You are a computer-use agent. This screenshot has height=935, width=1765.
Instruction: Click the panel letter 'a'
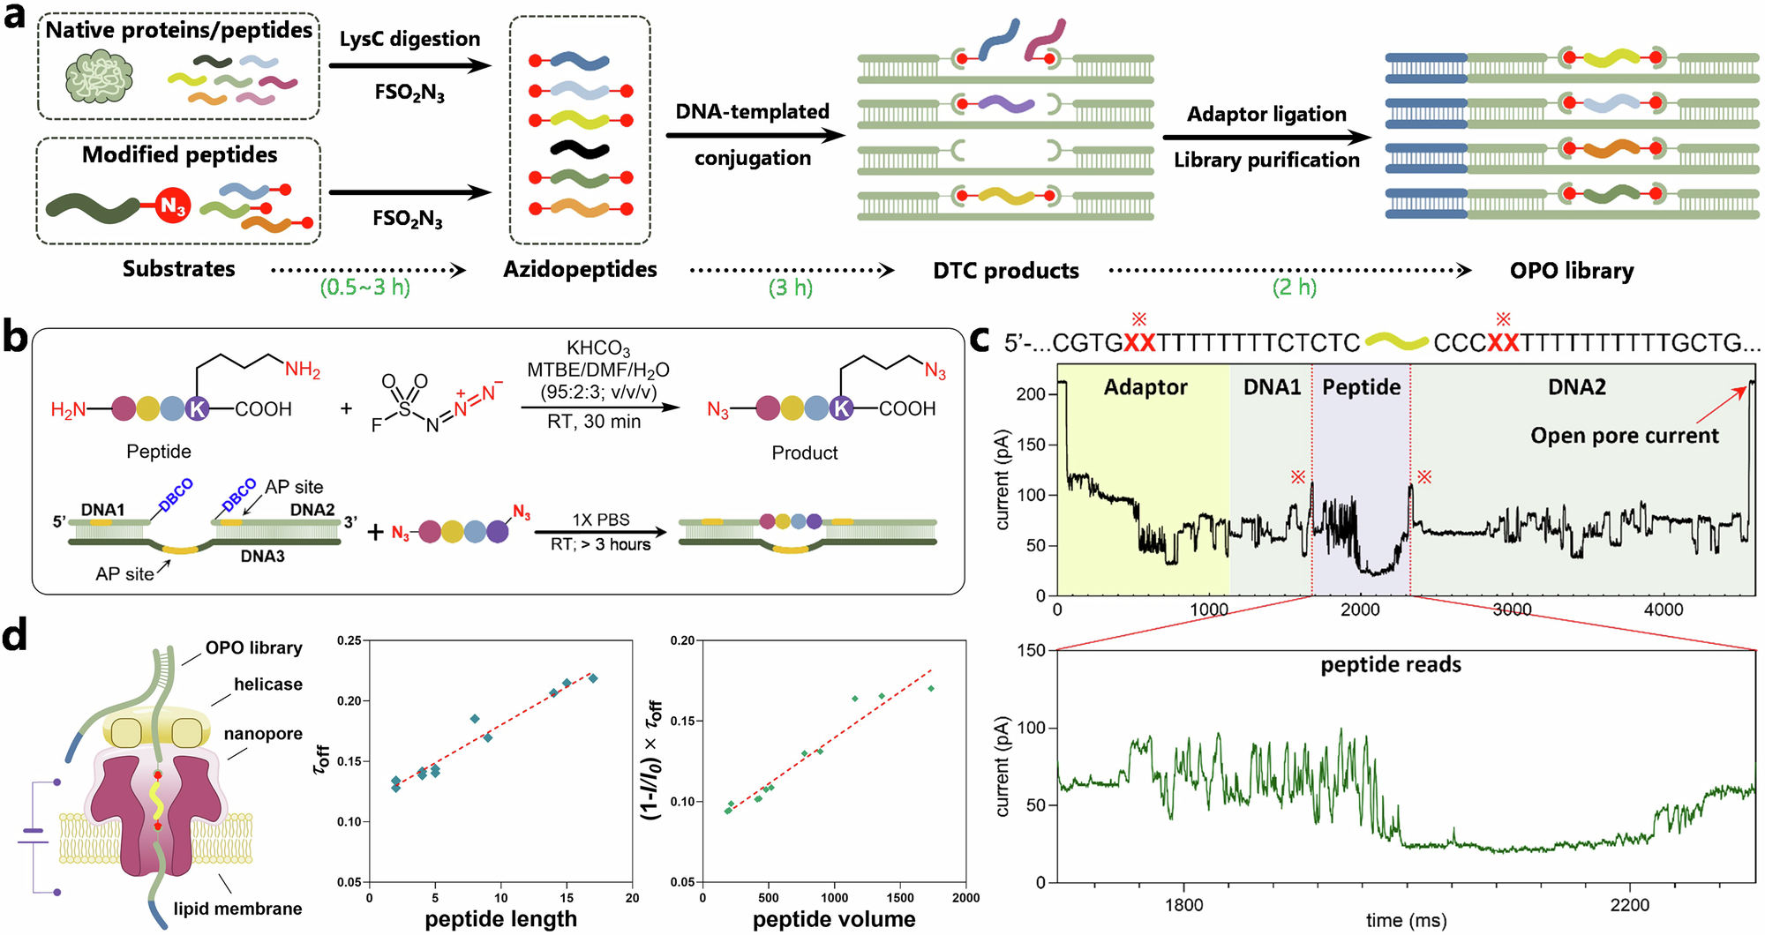14,16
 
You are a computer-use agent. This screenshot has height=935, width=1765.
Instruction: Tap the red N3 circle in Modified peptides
173,206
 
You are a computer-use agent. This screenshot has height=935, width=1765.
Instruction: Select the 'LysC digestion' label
409,39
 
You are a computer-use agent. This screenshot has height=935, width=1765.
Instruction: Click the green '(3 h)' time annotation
790,288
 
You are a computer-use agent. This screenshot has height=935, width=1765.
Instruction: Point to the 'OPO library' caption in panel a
1571,271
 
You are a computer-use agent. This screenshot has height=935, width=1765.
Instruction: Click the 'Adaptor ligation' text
1266,115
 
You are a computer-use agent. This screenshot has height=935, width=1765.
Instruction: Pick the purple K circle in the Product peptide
841,408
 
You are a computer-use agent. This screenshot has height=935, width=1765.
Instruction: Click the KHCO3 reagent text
597,348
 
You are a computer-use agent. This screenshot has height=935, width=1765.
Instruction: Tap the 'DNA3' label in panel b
262,557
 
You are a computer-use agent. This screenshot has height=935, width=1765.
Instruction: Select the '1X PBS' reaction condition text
600,520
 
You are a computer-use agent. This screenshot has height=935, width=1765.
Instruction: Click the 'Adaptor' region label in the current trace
1145,387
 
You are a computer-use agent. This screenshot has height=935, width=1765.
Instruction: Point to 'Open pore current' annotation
1624,436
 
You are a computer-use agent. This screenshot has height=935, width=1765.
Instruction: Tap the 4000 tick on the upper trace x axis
1663,610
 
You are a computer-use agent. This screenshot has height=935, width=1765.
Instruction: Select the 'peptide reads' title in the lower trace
1390,665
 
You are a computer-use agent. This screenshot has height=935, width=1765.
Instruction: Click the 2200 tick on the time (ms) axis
1629,905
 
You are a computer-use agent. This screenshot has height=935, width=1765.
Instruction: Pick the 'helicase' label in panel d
267,684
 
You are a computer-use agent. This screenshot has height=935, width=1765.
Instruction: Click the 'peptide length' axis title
500,919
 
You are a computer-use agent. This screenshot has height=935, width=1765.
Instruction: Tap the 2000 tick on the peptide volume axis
965,898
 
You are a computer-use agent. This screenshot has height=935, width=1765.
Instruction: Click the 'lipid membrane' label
237,909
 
